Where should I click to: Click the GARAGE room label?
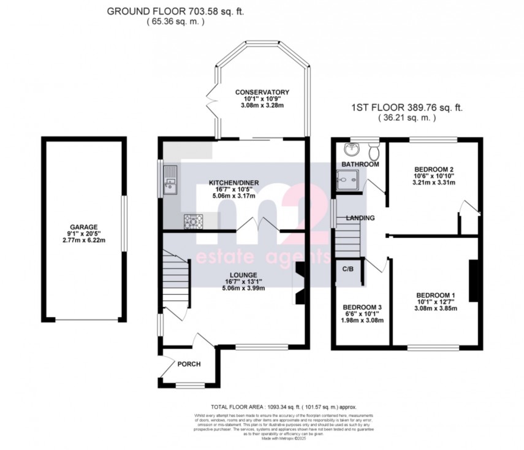click(x=83, y=226)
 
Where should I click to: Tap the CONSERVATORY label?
click(x=262, y=93)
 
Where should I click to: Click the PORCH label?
click(x=189, y=364)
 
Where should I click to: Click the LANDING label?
click(x=360, y=218)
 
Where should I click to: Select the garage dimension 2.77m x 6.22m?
click(x=83, y=240)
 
